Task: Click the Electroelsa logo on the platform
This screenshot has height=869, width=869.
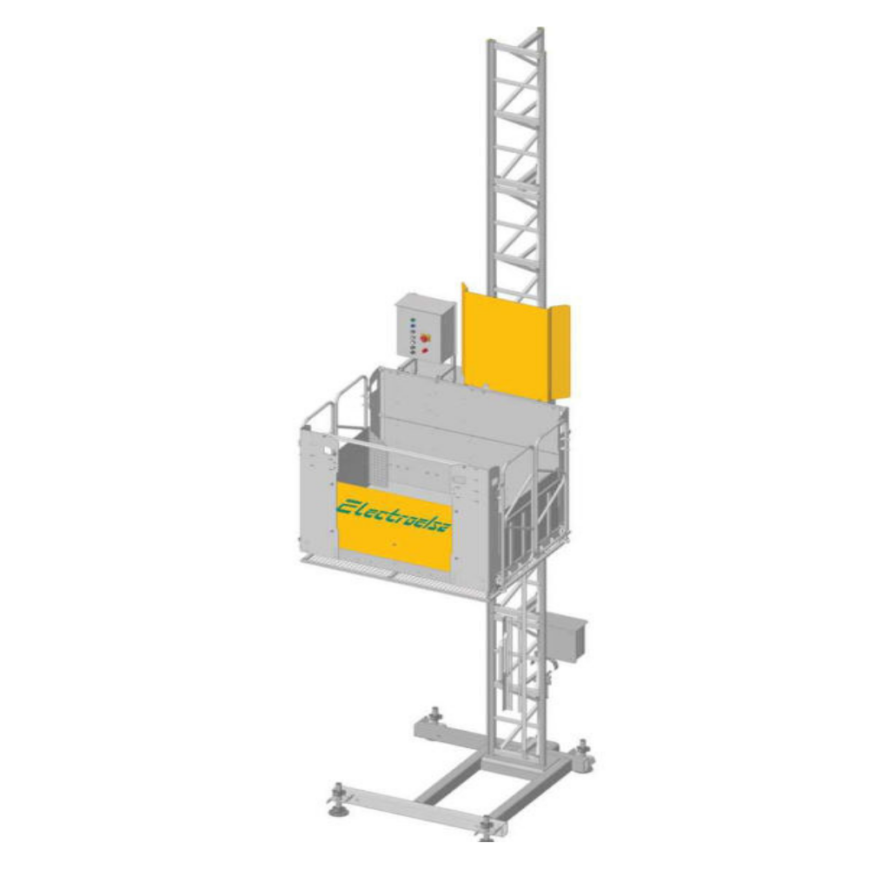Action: tap(394, 514)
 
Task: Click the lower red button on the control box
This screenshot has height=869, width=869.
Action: tap(425, 350)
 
